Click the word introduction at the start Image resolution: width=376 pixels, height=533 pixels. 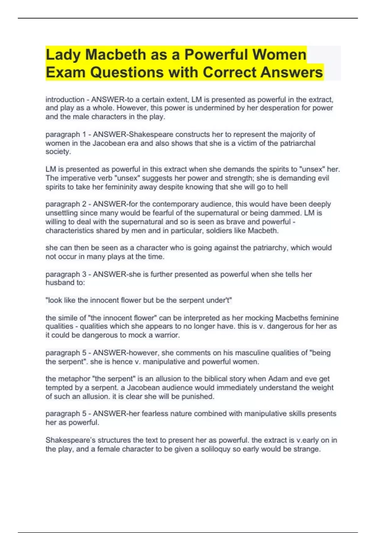pos(65,100)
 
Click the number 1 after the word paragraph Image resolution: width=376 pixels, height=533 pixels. pos(84,135)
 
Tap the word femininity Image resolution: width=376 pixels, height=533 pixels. pos(165,187)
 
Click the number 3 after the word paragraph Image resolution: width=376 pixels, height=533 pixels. pos(84,274)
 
